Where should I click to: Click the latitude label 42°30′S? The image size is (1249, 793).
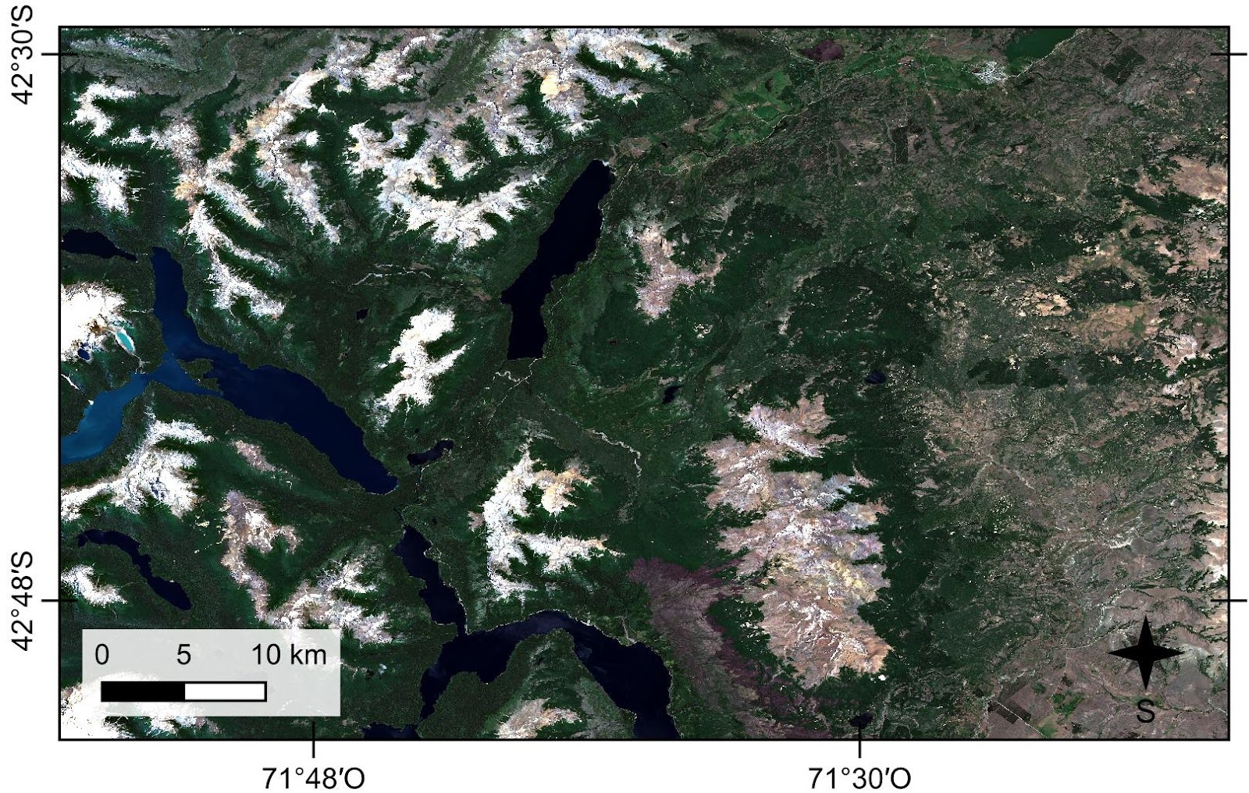[x=23, y=55]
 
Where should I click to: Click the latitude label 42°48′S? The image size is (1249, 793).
[x=23, y=601]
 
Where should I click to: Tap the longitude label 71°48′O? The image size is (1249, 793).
[x=312, y=778]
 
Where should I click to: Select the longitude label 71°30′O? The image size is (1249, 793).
[x=859, y=778]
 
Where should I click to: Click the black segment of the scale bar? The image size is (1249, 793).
[x=143, y=692]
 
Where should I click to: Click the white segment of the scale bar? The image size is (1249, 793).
[x=226, y=692]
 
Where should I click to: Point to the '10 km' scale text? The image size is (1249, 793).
[x=289, y=654]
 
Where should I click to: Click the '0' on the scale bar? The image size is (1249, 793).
[x=101, y=654]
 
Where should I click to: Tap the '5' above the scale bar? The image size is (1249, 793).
[x=183, y=654]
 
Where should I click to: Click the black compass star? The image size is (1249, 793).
[x=1144, y=653]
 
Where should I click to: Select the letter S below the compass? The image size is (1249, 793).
[x=1144, y=711]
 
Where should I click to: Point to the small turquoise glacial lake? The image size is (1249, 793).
[x=123, y=340]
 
